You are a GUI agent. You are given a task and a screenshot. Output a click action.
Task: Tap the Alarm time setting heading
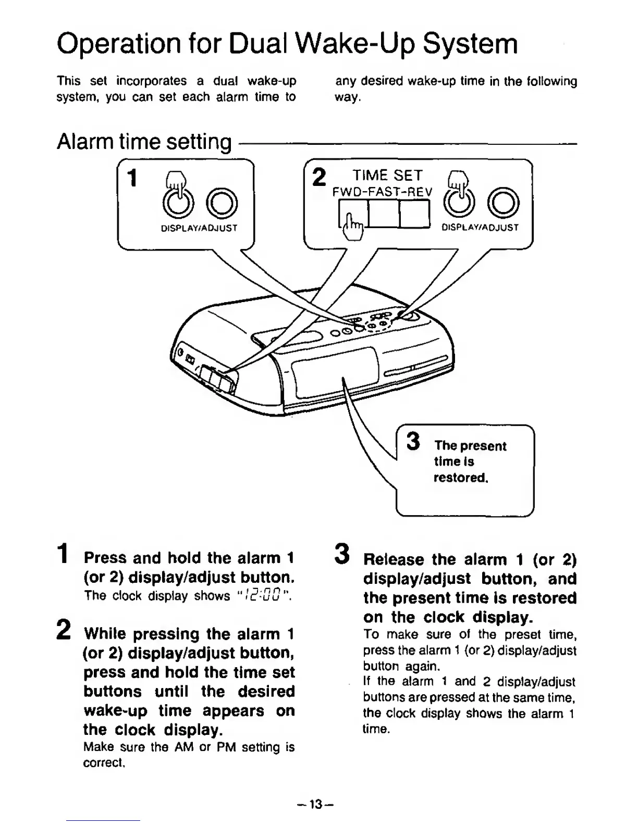pos(144,142)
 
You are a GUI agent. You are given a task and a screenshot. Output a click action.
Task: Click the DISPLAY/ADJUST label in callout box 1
pos(199,228)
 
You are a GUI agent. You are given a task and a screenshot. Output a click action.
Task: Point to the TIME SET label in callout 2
pos(387,176)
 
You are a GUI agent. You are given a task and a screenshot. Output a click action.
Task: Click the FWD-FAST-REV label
pos(382,192)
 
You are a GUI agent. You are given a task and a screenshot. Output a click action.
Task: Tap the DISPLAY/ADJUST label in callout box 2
pos(480,228)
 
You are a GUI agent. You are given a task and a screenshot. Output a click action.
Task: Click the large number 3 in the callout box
pos(413,442)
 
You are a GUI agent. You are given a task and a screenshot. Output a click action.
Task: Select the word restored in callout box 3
pos(460,478)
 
